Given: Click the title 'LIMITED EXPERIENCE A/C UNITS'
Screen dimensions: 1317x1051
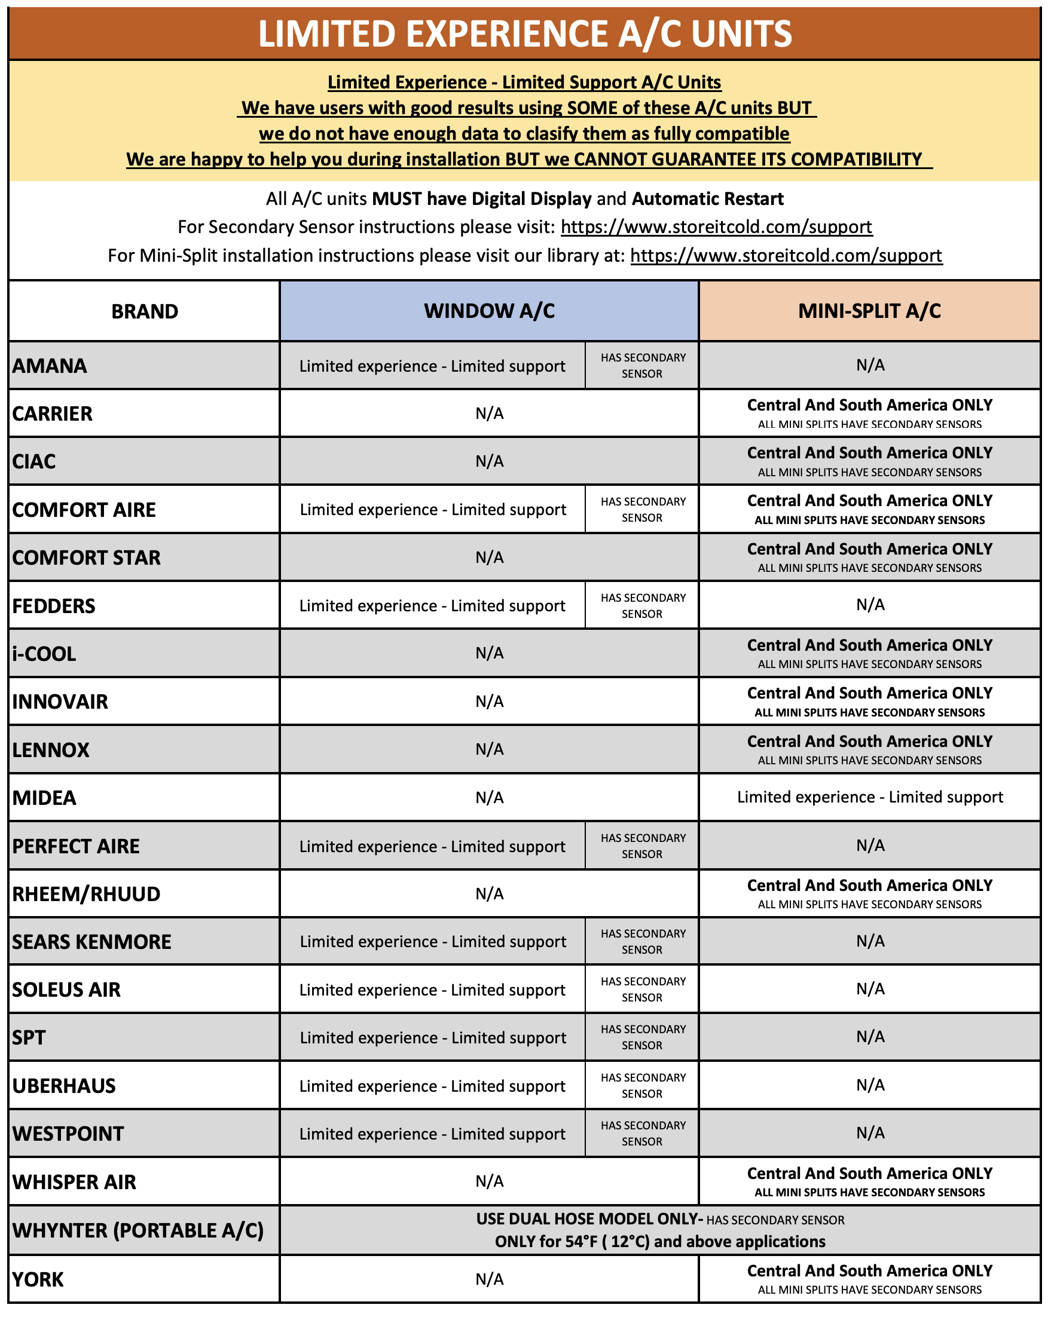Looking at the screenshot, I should (524, 33).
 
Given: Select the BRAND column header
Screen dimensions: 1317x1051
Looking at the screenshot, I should (144, 311).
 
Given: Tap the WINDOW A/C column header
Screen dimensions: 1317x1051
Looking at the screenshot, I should (489, 311).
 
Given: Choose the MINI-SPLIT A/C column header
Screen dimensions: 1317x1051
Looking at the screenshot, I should (869, 311).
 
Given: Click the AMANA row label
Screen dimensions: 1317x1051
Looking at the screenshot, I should (50, 366).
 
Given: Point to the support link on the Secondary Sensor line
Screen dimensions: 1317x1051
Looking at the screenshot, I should (716, 227).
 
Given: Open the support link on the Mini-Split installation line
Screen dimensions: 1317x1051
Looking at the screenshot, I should (786, 255).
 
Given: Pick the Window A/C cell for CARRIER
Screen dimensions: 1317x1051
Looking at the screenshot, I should (489, 414).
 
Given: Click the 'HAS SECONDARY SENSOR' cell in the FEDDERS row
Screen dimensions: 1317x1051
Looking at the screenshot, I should (642, 605).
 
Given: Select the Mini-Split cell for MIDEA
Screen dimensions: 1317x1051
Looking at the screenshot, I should (869, 797).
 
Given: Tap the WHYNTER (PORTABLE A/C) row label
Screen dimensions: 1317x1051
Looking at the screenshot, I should (138, 1230).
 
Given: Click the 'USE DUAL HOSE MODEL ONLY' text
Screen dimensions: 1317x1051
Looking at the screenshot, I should (589, 1219).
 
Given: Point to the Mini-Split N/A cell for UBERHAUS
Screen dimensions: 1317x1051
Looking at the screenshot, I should (869, 1086).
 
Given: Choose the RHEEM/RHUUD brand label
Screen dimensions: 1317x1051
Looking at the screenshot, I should (86, 894).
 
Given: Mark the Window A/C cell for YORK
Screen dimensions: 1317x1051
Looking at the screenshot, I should (489, 1279).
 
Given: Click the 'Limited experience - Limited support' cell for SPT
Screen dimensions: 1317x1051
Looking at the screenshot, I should (433, 1038).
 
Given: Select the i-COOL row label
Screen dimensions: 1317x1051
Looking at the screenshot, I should (45, 654).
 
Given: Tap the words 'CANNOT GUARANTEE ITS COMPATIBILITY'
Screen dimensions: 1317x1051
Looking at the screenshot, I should (747, 160).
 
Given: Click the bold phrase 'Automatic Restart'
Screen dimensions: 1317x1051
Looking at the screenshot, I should (707, 199).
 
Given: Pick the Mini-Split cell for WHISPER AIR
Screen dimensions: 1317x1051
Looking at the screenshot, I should (869, 1181).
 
